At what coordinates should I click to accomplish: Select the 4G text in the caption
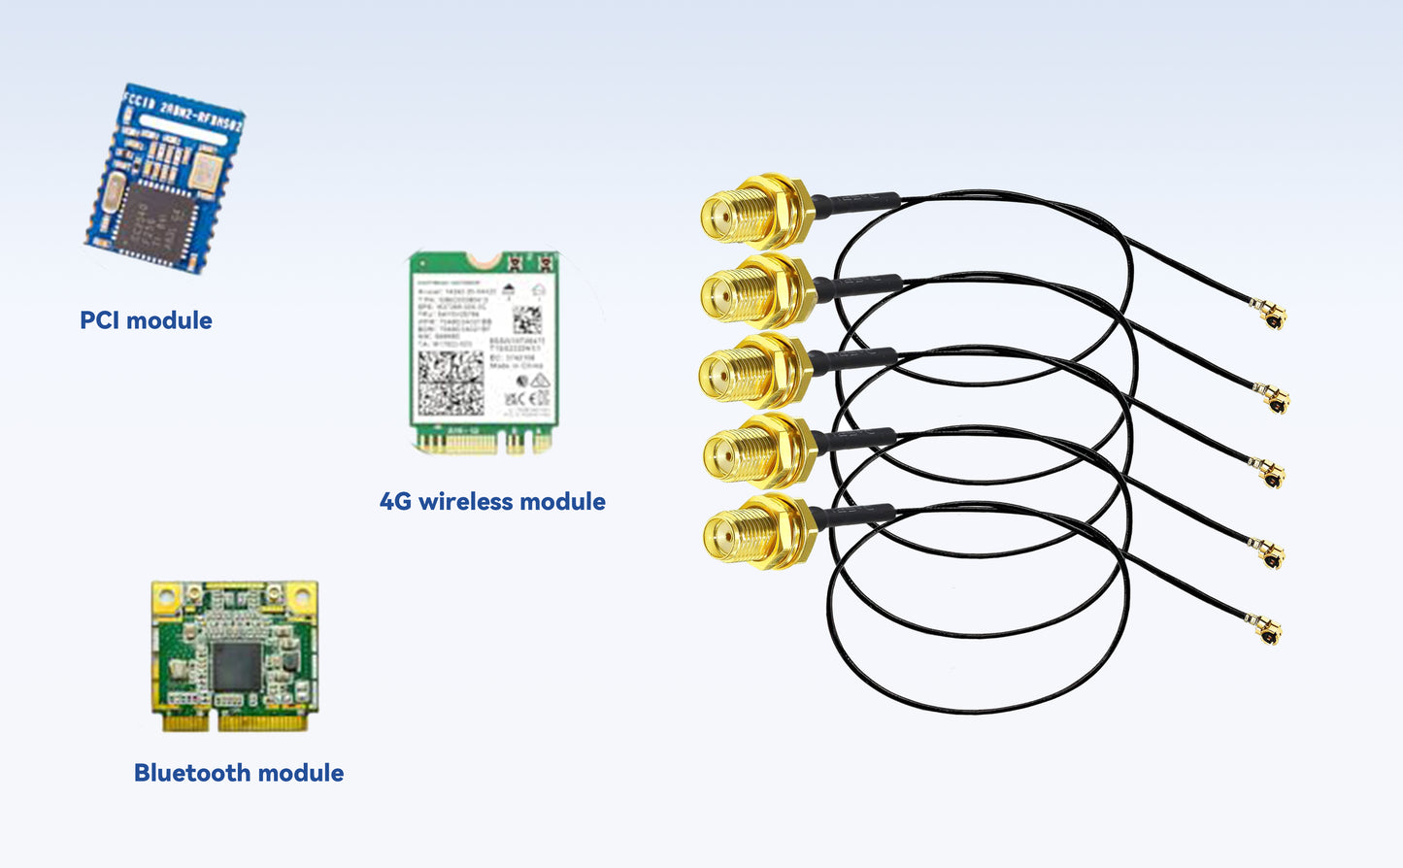(x=395, y=502)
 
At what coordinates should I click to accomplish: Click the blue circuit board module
(x=164, y=180)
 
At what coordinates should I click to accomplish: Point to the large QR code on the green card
(x=450, y=383)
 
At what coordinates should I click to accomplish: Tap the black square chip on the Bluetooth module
(x=236, y=666)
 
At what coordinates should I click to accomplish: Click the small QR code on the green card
(x=526, y=319)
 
